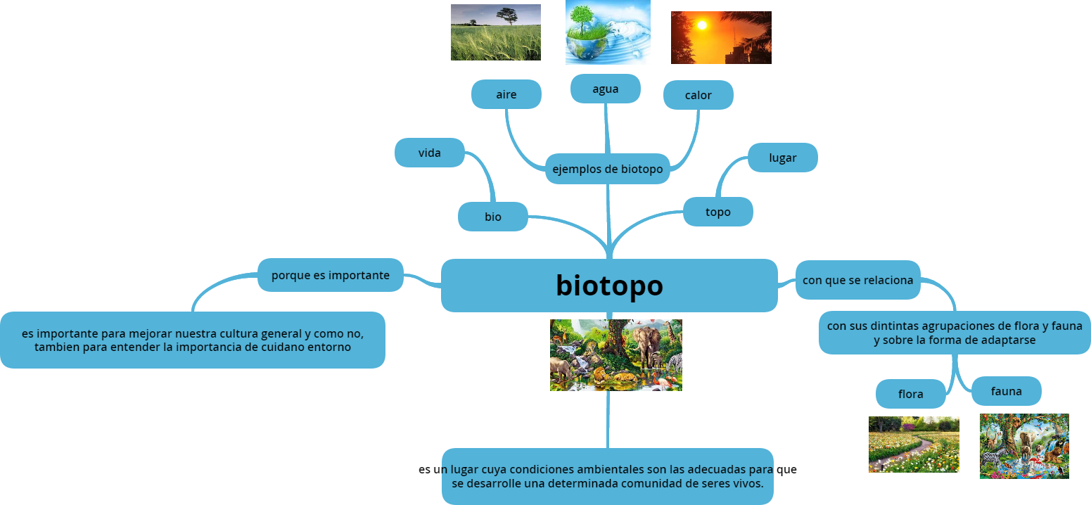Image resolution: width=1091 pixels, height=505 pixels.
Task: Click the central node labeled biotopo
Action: coord(609,286)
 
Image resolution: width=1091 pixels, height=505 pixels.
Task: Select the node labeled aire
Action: coord(506,94)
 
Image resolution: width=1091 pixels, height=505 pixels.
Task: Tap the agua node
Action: coord(605,89)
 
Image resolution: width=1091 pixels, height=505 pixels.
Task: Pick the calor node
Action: coord(698,95)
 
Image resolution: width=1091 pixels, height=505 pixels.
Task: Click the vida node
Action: coord(429,153)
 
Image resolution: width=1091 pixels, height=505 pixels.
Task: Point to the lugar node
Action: coord(782,158)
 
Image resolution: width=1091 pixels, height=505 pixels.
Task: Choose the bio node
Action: coord(492,217)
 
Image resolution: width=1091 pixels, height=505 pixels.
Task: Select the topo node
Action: coord(717,212)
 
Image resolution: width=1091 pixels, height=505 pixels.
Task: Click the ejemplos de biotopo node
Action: coord(607,169)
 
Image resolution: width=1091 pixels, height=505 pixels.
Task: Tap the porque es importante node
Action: coord(330,275)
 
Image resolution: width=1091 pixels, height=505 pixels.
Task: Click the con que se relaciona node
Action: coord(857,280)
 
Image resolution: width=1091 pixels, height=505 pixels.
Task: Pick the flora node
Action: coord(910,394)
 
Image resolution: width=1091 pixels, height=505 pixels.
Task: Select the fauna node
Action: coord(1006,391)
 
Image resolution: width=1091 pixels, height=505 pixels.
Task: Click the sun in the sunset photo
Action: coord(701,25)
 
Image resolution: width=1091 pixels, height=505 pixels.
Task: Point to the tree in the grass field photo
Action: coord(507,15)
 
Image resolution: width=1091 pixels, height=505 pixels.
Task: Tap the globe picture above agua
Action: coord(608,32)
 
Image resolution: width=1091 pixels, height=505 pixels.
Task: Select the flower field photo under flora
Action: coord(914,444)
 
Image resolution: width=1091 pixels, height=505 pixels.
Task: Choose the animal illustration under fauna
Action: coord(1024,446)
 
